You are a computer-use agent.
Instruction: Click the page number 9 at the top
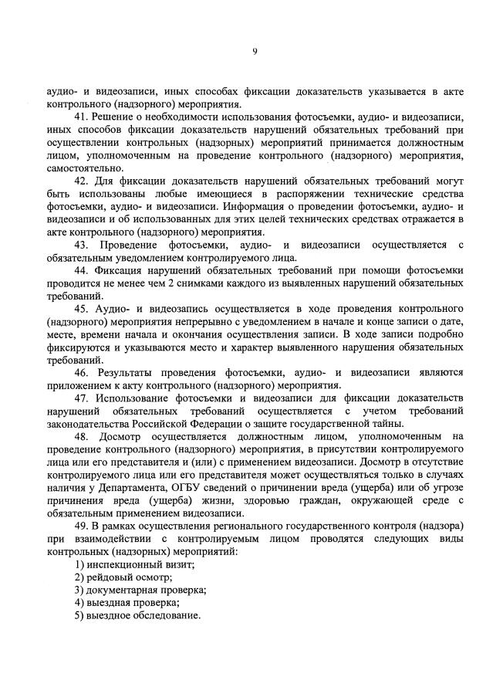click(254, 52)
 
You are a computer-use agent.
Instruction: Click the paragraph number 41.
click(81, 117)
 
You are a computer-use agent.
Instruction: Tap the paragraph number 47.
click(81, 398)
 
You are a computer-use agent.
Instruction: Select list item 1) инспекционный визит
click(133, 565)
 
